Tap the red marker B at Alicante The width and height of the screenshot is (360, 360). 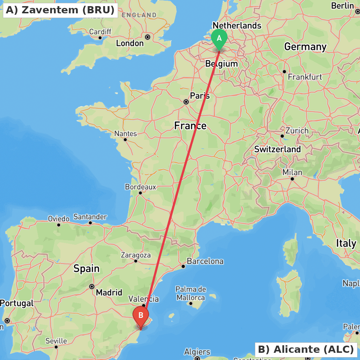click(141, 316)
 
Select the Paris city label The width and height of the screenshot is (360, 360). click(200, 96)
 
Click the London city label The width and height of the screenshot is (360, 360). click(130, 43)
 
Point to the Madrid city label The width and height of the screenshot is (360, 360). click(109, 292)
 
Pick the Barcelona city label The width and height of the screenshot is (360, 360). click(205, 261)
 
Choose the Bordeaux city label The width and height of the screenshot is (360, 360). click(140, 187)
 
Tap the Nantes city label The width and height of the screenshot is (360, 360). click(125, 134)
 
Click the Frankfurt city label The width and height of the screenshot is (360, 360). click(305, 77)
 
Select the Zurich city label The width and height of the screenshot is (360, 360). click(297, 131)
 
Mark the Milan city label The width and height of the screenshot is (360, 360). click(292, 172)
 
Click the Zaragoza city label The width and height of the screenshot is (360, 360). click(136, 255)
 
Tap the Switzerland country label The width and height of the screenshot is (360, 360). click(277, 149)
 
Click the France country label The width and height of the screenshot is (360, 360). click(190, 126)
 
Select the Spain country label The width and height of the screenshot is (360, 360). click(86, 268)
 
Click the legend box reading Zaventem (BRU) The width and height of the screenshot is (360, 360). click(60, 10)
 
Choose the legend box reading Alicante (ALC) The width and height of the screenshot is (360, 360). click(306, 349)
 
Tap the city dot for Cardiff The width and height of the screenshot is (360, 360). click(100, 38)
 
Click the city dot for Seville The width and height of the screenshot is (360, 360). click(56, 347)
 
